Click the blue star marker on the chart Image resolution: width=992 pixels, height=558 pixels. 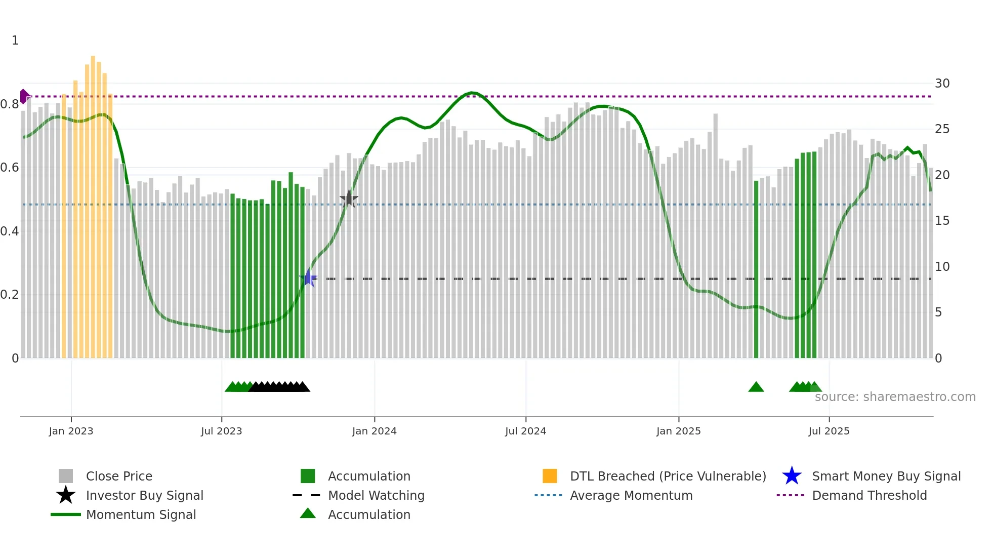click(x=308, y=278)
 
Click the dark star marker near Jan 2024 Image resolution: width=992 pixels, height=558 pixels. click(x=349, y=199)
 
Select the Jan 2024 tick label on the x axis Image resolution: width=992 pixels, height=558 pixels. click(x=374, y=431)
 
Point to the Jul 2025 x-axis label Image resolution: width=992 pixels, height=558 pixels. click(x=829, y=431)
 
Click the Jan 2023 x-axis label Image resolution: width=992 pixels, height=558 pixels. click(x=71, y=431)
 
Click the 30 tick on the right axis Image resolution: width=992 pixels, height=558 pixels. click(x=942, y=84)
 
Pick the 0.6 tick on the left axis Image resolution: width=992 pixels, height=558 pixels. click(x=10, y=168)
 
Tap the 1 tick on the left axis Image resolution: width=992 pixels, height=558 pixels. click(x=15, y=41)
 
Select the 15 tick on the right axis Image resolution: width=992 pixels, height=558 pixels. click(x=942, y=221)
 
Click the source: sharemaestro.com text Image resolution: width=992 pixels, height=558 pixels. click(x=895, y=397)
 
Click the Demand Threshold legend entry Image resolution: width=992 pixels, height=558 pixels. click(x=869, y=496)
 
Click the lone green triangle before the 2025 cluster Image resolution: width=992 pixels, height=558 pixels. click(x=756, y=387)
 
